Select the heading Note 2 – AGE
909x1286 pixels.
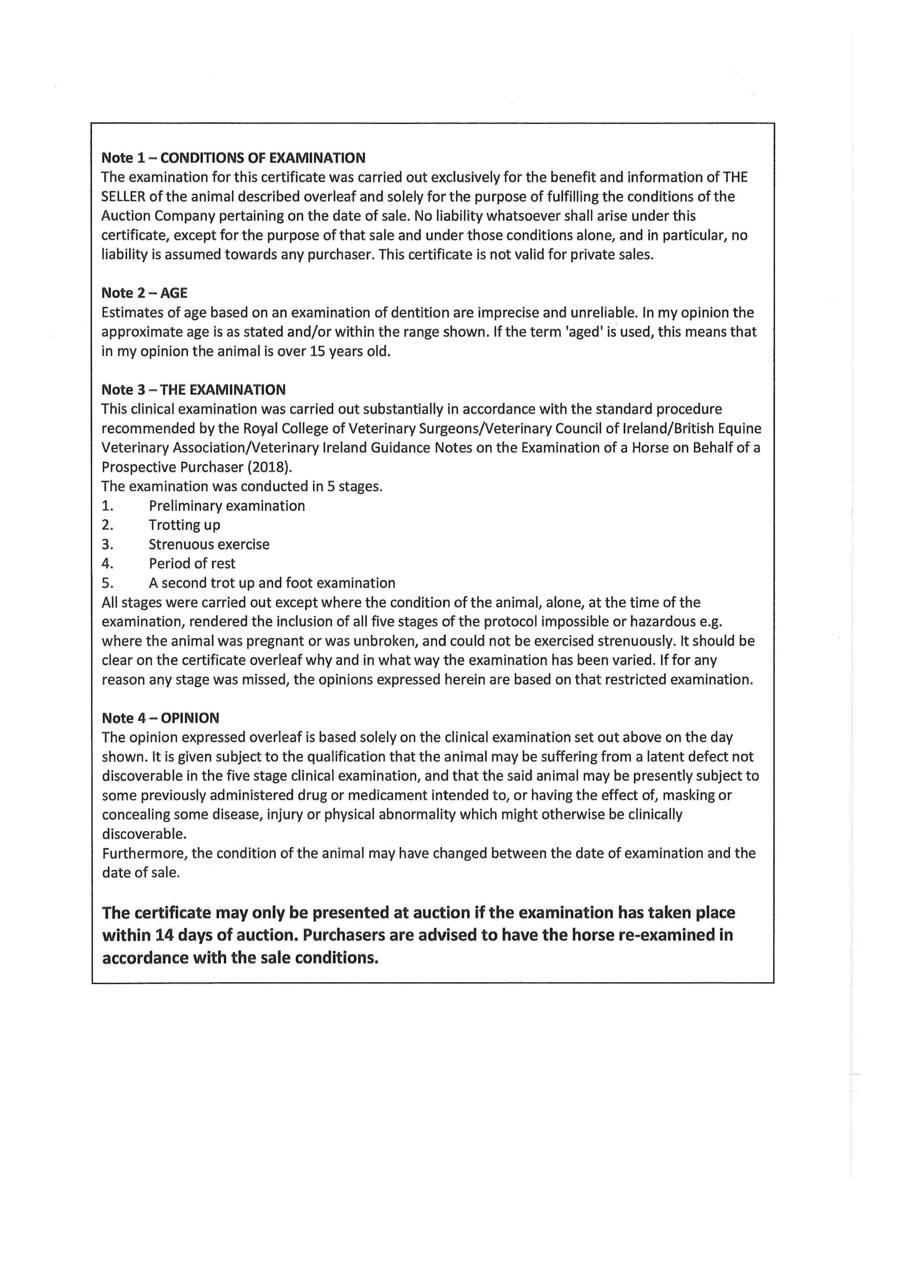point(145,293)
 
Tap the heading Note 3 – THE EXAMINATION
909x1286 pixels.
point(193,390)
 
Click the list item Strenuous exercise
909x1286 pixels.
point(209,544)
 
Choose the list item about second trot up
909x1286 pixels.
point(272,583)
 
